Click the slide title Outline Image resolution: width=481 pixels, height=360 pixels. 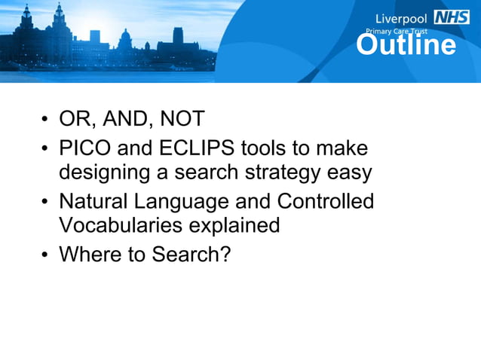pos(406,46)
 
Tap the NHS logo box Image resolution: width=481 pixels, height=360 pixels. pos(452,17)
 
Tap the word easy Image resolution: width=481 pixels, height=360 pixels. pos(348,172)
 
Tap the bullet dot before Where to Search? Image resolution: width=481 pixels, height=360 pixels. pos(45,255)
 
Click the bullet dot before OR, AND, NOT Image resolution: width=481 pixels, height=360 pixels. pos(45,121)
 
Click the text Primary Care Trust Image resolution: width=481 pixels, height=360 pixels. pos(397,32)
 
